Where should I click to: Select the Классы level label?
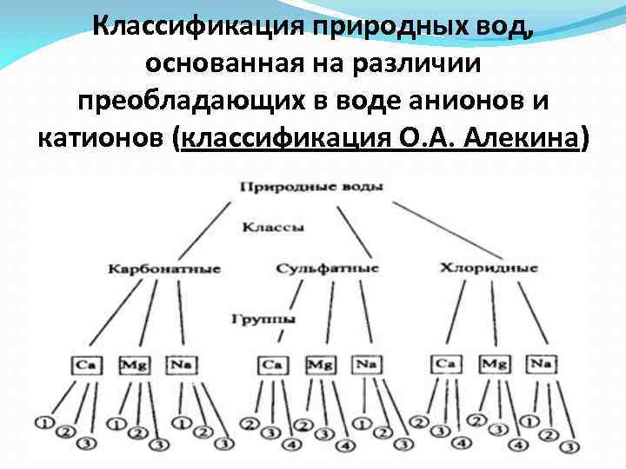coord(272,228)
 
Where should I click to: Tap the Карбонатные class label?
coord(164,268)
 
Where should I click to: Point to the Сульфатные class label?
coord(328,268)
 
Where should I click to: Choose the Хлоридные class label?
coord(489,268)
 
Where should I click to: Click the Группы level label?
coord(263,319)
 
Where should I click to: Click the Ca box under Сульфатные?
coord(273,363)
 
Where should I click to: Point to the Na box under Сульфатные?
coord(366,363)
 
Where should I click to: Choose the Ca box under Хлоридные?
coord(445,362)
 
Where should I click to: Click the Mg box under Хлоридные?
coord(494,362)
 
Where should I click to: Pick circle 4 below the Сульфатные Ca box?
coord(292,446)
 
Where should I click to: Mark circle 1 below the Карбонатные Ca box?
coord(41,424)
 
